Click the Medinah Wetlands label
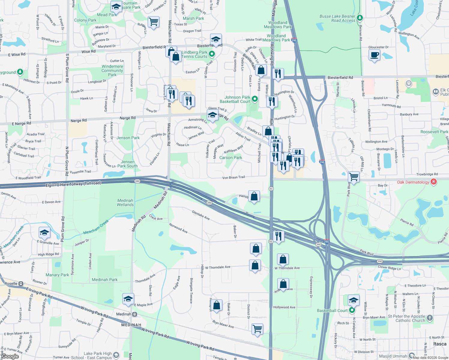point(125,202)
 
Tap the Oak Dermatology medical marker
point(433,181)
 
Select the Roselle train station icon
point(21,283)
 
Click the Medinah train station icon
point(135,314)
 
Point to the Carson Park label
point(231,157)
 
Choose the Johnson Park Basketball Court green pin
point(255,98)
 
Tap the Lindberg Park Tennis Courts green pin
point(212,54)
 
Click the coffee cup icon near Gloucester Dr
point(374,55)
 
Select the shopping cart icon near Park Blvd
point(354,177)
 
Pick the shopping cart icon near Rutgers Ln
point(153,22)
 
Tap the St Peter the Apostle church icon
point(430,318)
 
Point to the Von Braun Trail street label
point(234,178)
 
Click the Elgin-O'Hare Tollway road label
point(73,184)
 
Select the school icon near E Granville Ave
point(44,232)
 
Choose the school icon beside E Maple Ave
point(128,299)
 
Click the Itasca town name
point(440,344)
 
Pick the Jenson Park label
point(128,138)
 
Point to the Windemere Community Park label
point(112,70)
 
